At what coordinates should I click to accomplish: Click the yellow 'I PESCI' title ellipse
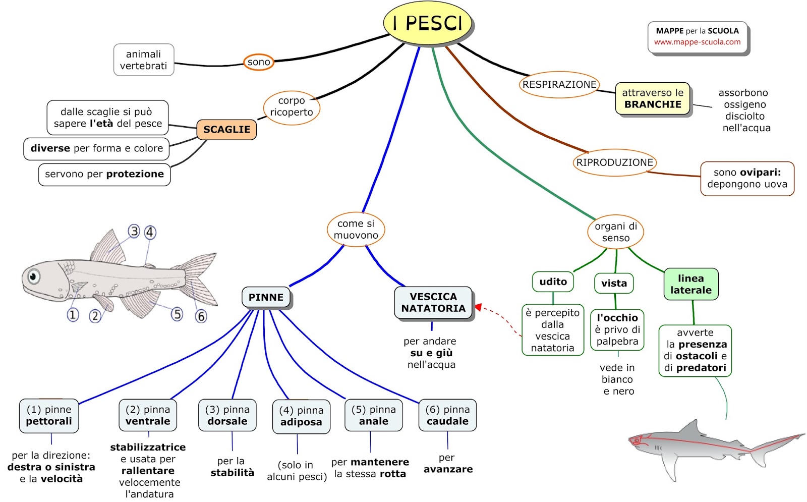pyautogui.click(x=427, y=23)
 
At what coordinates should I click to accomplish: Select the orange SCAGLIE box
pyautogui.click(x=226, y=130)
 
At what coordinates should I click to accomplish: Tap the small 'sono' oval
pyautogui.click(x=259, y=62)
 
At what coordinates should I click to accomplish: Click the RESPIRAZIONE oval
pyautogui.click(x=559, y=84)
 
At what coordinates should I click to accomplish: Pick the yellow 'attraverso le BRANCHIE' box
pyautogui.click(x=653, y=99)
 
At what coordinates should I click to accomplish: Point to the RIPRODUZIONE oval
pyautogui.click(x=614, y=162)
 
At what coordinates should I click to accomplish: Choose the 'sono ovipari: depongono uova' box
pyautogui.click(x=747, y=179)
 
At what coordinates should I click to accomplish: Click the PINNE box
pyautogui.click(x=266, y=298)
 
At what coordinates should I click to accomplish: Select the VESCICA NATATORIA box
pyautogui.click(x=433, y=303)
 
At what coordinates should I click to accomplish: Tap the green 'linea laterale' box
pyautogui.click(x=690, y=285)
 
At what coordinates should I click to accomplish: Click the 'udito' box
pyautogui.click(x=553, y=282)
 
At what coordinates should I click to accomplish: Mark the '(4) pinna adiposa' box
pyautogui.click(x=301, y=417)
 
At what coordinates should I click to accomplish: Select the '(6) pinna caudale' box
pyautogui.click(x=447, y=416)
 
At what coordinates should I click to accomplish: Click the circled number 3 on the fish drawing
pyautogui.click(x=134, y=232)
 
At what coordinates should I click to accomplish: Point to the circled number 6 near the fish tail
pyautogui.click(x=201, y=316)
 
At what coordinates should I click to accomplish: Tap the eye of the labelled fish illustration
pyautogui.click(x=34, y=276)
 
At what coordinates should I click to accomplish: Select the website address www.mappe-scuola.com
pyautogui.click(x=697, y=42)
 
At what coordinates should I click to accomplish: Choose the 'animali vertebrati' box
pyautogui.click(x=144, y=60)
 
